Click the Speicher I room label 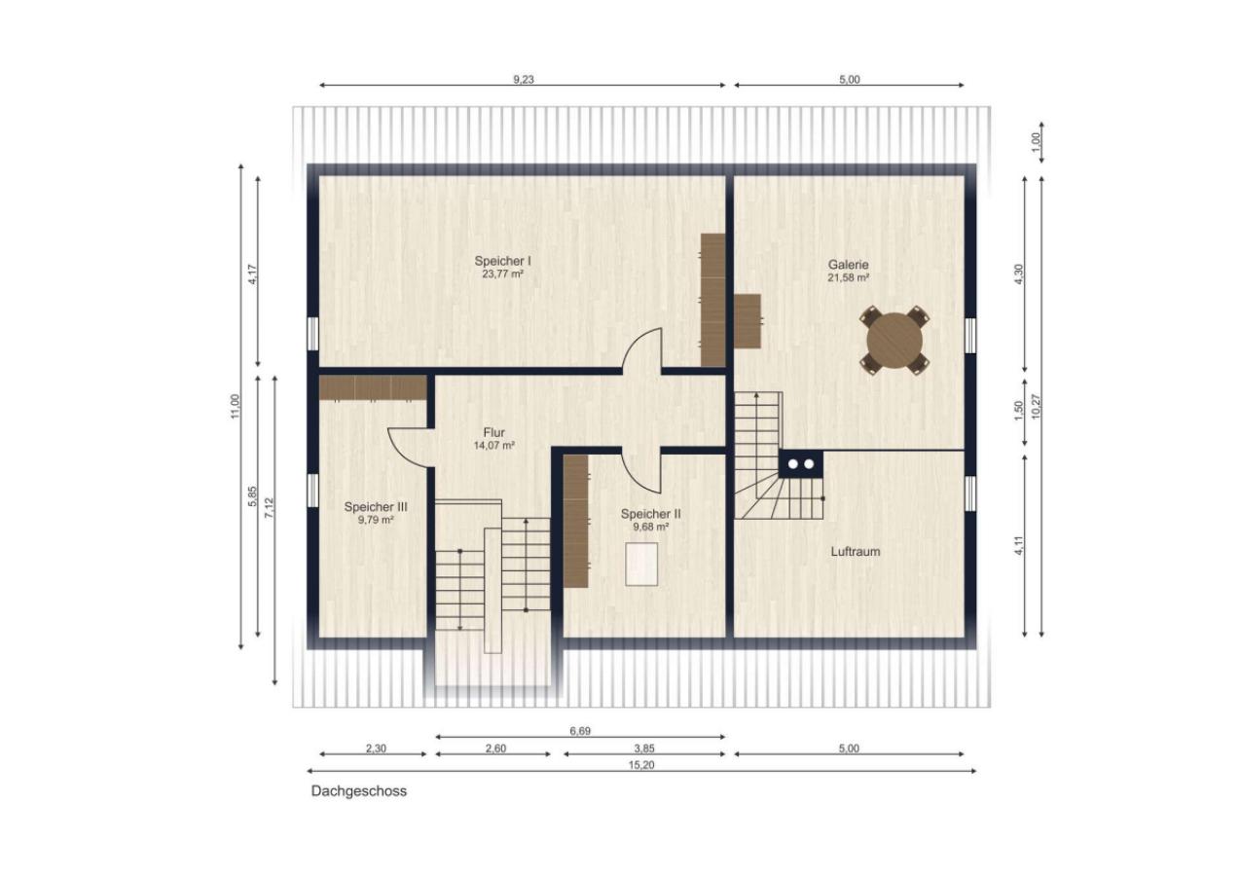pos(502,261)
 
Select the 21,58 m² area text pos(848,277)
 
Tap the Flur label pos(493,433)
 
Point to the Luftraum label pos(855,551)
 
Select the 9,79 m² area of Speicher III pos(375,520)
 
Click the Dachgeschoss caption pos(358,791)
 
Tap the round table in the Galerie pos(894,340)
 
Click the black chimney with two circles pos(800,464)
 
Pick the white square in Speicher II pos(641,564)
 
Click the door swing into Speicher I pos(642,350)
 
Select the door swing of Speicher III pos(409,447)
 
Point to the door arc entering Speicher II pos(642,473)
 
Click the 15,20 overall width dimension pos(641,765)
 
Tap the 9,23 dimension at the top pos(523,80)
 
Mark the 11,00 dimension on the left pos(234,406)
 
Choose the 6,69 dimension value pos(579,730)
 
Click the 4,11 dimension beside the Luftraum pos(1018,546)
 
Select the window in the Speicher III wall pos(312,491)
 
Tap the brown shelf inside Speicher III pos(373,388)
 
